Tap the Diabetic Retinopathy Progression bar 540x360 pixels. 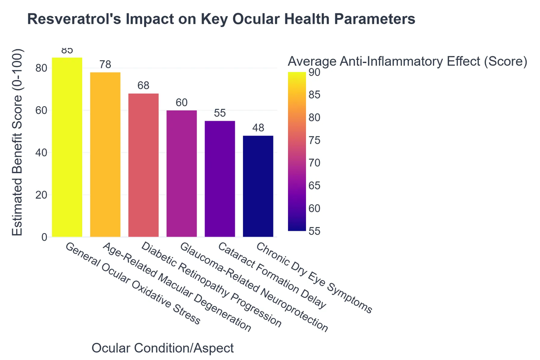pos(144,165)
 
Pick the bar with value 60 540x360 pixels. pos(181,174)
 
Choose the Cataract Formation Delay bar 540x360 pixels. pos(220,179)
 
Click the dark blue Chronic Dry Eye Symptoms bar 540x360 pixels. pos(258,186)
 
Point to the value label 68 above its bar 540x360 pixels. pos(144,85)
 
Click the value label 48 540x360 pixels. pos(258,128)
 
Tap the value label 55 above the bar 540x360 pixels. pos(220,113)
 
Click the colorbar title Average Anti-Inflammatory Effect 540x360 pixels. pos(407,61)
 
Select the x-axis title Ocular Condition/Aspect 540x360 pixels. pos(162,348)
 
